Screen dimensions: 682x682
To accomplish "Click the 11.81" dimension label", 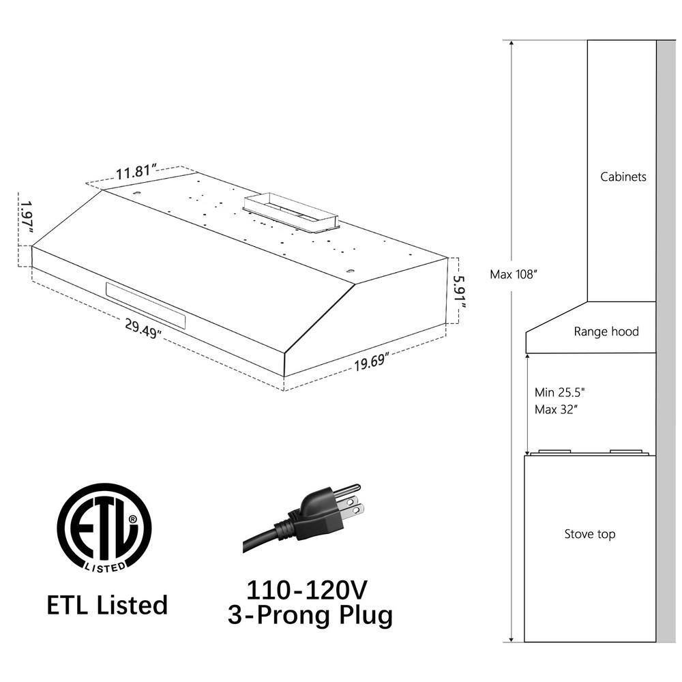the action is (136, 171).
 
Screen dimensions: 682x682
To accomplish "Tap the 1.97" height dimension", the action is (27, 217).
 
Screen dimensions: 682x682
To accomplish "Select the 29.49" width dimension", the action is (143, 329).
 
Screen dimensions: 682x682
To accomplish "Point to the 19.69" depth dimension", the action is (370, 361).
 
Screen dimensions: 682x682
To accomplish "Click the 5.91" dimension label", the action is (460, 293).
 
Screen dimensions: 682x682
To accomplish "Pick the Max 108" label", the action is (514, 274).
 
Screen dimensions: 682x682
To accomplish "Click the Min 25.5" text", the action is (560, 392).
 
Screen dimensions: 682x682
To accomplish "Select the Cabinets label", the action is (623, 177).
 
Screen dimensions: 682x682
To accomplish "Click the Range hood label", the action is (606, 331).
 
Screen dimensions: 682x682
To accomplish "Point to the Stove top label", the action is (590, 534).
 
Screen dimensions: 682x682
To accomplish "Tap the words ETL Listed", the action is (107, 605).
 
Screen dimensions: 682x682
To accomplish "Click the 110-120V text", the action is (307, 590).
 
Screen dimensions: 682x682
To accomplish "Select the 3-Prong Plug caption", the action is (310, 615).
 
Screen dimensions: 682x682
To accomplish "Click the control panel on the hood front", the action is (146, 305).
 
